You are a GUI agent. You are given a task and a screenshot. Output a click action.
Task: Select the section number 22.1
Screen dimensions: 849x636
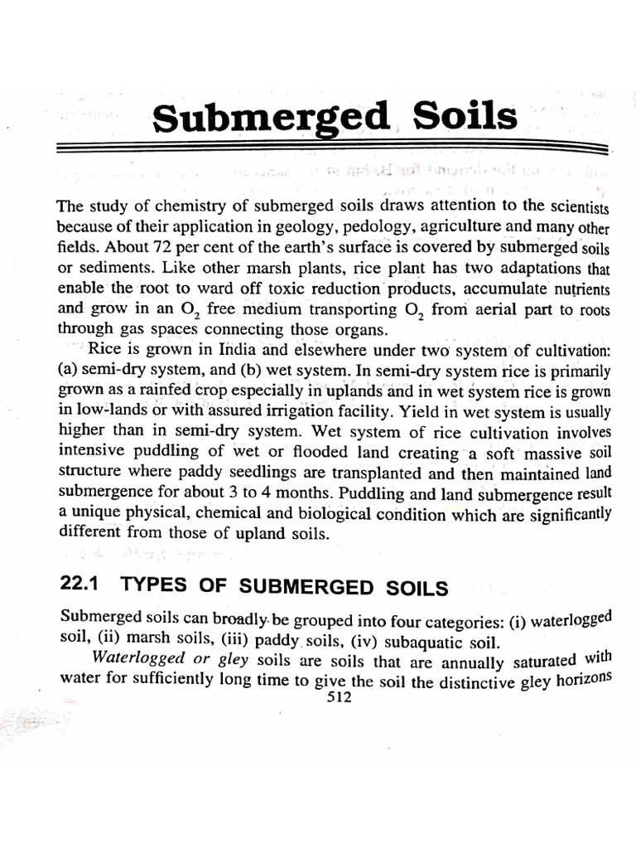click(79, 585)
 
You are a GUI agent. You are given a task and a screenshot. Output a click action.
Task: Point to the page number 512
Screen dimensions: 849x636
click(340, 697)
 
